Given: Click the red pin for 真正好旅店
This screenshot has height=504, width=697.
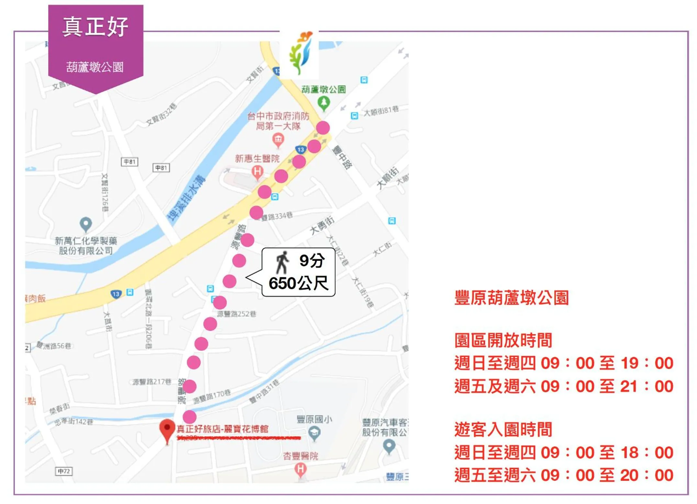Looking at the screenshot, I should pyautogui.click(x=167, y=429).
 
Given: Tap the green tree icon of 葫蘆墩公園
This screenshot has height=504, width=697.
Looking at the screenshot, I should pyautogui.click(x=324, y=103).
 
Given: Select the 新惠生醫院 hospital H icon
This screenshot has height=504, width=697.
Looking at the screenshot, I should pyautogui.click(x=257, y=171).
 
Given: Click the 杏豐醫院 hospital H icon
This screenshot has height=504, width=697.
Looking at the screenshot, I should pyautogui.click(x=301, y=468).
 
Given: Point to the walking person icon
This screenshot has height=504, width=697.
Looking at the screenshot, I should pyautogui.click(x=282, y=262).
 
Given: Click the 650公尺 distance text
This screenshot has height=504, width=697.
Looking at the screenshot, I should pyautogui.click(x=298, y=283).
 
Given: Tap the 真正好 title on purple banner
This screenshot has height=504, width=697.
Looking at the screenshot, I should pyautogui.click(x=95, y=27).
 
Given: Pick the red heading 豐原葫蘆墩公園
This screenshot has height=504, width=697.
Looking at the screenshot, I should pyautogui.click(x=511, y=298).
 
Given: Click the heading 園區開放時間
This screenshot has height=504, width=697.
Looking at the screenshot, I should pyautogui.click(x=503, y=340).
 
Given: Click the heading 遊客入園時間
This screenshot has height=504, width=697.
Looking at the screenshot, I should pyautogui.click(x=503, y=430).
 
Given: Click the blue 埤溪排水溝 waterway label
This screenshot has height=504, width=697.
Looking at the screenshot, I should pyautogui.click(x=186, y=198).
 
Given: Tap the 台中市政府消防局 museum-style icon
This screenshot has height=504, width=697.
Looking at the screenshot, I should pyautogui.click(x=278, y=140).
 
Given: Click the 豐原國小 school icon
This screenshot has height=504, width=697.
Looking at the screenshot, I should pyautogui.click(x=314, y=432).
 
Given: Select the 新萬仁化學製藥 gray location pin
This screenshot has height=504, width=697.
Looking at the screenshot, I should pyautogui.click(x=86, y=223).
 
